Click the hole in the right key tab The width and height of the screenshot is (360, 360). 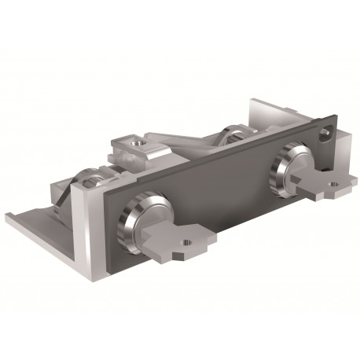332,186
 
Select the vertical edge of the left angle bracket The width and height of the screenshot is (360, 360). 81,212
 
